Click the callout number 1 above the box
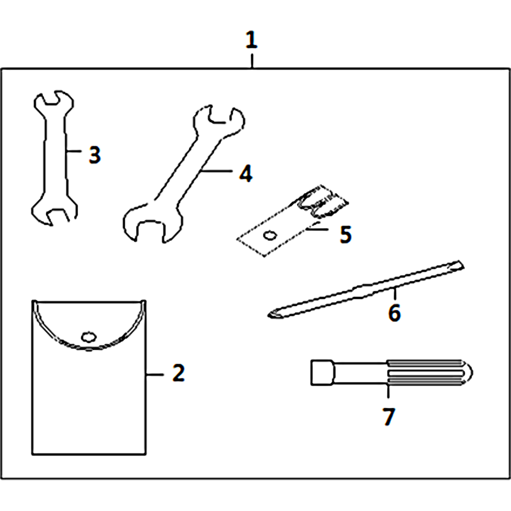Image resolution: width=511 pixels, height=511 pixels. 251,40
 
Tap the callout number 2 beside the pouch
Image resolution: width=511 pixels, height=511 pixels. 179,372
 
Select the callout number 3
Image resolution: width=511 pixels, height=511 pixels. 95,155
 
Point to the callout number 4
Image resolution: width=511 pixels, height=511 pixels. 246,173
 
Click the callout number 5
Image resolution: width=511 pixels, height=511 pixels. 346,234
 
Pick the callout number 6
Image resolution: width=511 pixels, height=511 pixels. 394,312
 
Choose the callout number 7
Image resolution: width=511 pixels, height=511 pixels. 389,416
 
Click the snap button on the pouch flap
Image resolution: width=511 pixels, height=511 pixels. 89,337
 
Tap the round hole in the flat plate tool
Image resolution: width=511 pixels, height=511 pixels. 270,235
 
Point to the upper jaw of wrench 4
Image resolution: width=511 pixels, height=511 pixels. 219,121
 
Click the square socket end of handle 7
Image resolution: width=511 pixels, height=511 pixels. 322,372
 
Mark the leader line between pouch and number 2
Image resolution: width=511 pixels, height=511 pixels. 155,375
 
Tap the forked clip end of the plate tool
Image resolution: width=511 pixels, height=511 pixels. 323,202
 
